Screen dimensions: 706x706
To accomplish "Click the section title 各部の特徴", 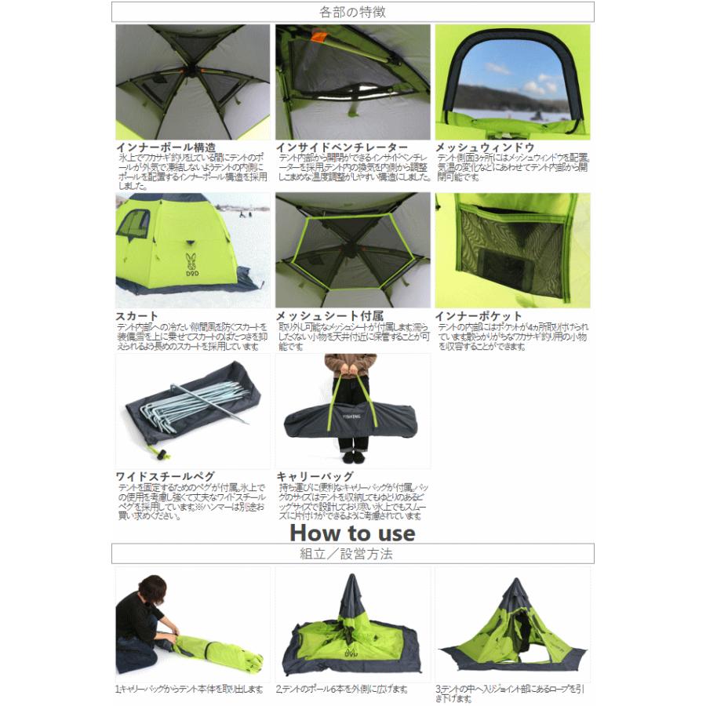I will point(352,12).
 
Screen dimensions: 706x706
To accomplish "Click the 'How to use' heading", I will point(352,532).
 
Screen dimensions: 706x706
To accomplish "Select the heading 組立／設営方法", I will point(352,554).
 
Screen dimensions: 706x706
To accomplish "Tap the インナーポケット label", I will point(479,316).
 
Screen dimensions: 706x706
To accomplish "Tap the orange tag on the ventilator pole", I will point(318,38).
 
